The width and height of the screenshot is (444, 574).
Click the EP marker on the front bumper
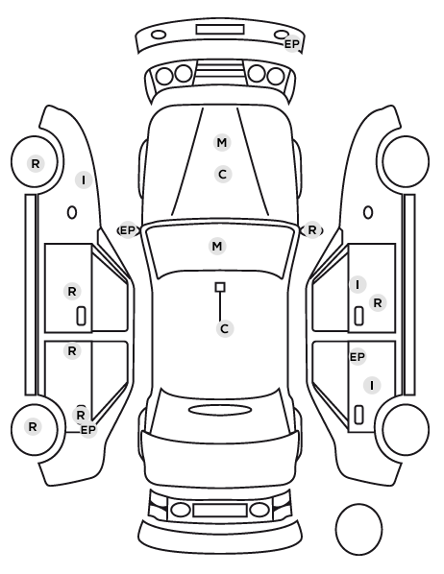click(292, 44)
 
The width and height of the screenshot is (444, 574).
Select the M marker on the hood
click(222, 142)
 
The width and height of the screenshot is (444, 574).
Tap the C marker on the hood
click(223, 175)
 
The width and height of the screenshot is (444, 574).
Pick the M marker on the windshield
click(217, 246)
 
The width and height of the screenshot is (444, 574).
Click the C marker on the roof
click(225, 328)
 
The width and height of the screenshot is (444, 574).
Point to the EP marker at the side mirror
click(128, 230)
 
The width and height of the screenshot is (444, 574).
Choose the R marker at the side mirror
click(312, 230)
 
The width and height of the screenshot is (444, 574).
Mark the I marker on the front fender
click(84, 180)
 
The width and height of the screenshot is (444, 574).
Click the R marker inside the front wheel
click(36, 163)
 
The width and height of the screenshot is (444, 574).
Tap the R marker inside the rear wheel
click(33, 426)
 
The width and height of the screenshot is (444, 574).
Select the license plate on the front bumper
click(220, 30)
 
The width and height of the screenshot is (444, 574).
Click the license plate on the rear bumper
click(220, 511)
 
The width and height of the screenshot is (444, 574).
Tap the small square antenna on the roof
click(220, 287)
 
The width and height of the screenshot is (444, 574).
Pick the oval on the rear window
click(220, 410)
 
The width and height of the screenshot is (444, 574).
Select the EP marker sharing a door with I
click(358, 356)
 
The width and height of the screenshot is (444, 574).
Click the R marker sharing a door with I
click(378, 302)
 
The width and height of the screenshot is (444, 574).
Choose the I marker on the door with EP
click(372, 386)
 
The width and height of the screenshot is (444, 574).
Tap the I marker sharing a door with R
click(358, 284)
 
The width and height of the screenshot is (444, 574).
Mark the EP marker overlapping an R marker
click(88, 430)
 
